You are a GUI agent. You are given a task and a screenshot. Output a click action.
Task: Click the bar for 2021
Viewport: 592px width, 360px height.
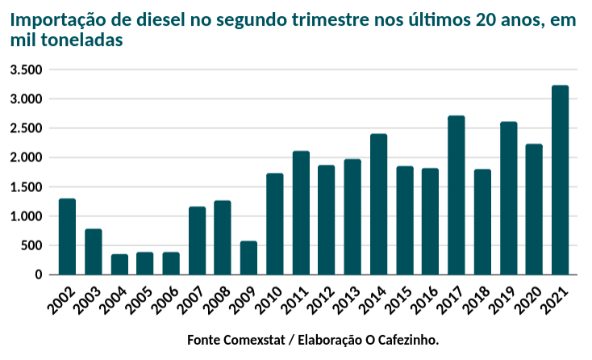tap(560, 180)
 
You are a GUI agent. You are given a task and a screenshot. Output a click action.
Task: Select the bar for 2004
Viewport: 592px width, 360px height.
tap(119, 265)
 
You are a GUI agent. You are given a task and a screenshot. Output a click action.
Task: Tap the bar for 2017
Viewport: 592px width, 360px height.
tap(457, 195)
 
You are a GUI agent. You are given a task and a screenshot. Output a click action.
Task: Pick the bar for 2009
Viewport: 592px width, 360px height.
tap(249, 258)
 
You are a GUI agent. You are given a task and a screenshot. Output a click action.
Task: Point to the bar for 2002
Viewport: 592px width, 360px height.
tap(68, 237)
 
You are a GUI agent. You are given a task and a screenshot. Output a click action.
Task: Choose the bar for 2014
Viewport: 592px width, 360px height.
tap(379, 204)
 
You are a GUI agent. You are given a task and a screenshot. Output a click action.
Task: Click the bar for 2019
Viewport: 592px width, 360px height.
tap(508, 199)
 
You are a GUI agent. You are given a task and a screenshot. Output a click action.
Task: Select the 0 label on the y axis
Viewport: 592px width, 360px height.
tap(38, 275)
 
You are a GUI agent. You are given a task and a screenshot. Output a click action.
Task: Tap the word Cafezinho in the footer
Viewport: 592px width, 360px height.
tap(406, 340)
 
